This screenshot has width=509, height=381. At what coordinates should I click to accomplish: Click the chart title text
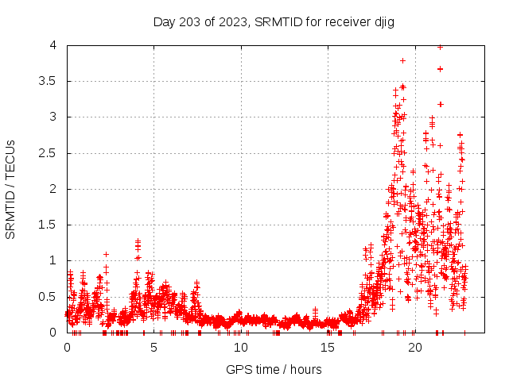[x=274, y=21]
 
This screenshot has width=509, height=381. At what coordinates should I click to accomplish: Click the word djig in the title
[x=382, y=21]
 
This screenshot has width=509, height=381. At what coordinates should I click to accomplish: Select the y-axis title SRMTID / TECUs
[x=11, y=189]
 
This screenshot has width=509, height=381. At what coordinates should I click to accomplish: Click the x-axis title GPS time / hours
[x=274, y=369]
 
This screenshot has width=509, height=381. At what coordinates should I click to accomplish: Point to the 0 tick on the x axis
[x=67, y=348]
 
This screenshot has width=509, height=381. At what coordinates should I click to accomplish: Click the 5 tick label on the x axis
[x=153, y=348]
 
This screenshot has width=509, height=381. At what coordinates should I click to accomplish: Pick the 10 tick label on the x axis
[x=240, y=348]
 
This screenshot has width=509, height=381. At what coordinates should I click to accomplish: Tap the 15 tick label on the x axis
[x=327, y=348]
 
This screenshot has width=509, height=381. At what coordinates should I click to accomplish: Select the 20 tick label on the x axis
[x=414, y=348]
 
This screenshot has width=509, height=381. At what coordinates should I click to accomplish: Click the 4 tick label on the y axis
[x=53, y=45]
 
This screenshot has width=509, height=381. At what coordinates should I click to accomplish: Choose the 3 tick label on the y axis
[x=53, y=117]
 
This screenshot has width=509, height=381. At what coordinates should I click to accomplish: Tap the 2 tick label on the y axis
[x=53, y=189]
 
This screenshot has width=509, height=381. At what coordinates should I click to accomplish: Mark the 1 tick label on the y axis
[x=53, y=260]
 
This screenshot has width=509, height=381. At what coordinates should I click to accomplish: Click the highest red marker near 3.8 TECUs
[x=403, y=60]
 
